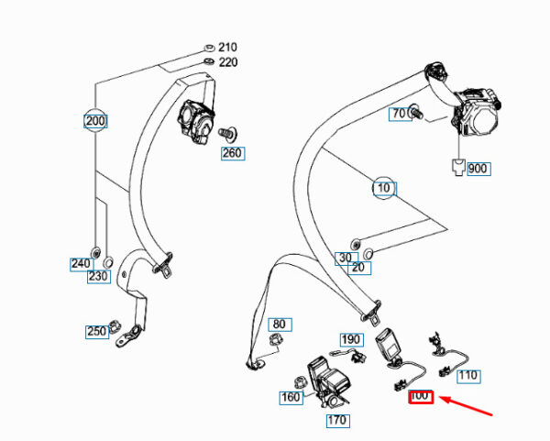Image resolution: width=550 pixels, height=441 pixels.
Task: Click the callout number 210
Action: (227, 47)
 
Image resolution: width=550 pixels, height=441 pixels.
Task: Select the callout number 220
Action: (228, 62)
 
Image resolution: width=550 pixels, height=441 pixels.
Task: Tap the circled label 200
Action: (95, 121)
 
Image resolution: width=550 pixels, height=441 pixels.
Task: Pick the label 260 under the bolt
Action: (233, 153)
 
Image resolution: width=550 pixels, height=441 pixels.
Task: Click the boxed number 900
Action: (478, 169)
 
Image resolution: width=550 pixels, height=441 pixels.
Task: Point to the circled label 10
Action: (384, 188)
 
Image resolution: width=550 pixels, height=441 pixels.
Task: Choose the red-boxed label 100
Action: (421, 397)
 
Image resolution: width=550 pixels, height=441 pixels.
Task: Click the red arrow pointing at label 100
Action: (467, 406)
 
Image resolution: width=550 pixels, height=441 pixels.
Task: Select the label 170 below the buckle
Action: (337, 420)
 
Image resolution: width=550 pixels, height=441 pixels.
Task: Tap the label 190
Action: (351, 339)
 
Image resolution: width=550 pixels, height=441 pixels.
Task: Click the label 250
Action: (97, 332)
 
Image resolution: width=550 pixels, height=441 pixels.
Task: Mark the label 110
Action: (468, 376)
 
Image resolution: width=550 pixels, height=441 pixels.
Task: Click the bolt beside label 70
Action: (416, 111)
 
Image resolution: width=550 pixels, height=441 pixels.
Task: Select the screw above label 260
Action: (227, 133)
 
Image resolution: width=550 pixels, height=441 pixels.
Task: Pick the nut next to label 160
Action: (300, 383)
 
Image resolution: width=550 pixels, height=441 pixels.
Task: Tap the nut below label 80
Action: (276, 339)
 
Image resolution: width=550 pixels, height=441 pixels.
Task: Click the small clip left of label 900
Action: (458, 167)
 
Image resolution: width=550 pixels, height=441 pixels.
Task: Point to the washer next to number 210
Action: (209, 48)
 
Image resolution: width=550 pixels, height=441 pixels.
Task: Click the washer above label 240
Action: (95, 252)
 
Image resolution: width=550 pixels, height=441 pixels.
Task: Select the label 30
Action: (346, 259)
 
